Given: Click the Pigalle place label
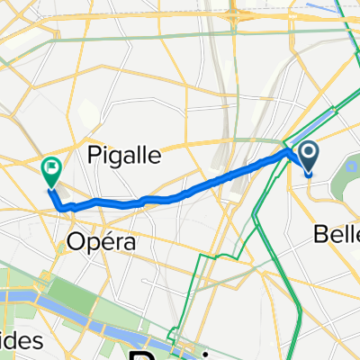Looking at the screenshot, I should click(x=126, y=155).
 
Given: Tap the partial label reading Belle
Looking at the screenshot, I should click(x=335, y=235).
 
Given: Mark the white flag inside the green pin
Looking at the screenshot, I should click(x=51, y=166).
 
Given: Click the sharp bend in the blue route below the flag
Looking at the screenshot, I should click(x=61, y=206).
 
